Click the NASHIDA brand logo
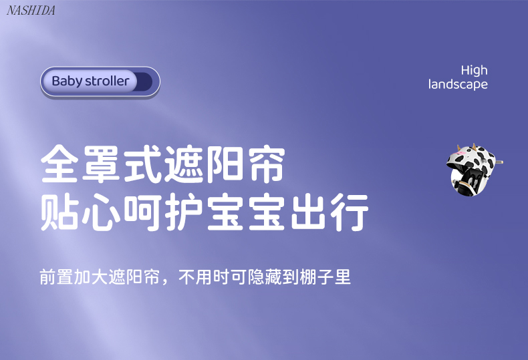(31, 11)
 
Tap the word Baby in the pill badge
(67, 81)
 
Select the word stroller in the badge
(107, 81)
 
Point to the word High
(474, 70)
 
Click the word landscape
(458, 84)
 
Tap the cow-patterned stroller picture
(474, 170)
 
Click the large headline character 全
(59, 164)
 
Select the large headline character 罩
(101, 164)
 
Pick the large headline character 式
(142, 164)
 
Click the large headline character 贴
(59, 212)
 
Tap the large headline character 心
(101, 212)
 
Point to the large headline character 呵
(142, 212)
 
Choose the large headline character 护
(184, 212)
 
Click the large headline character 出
(309, 212)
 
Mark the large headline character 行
(350, 212)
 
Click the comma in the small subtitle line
(164, 281)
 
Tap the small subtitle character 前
(48, 277)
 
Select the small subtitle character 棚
(307, 277)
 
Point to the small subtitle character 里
(342, 277)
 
